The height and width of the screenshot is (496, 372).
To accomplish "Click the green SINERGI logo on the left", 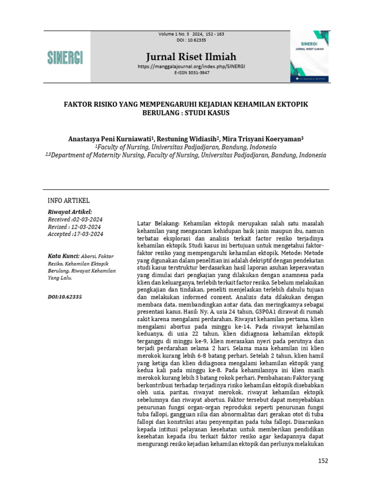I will [65, 57].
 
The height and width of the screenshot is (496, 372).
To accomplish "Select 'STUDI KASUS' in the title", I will [209, 113].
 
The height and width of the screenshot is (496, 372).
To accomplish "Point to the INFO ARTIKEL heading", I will [68, 201].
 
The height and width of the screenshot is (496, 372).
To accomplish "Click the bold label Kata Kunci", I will [62, 256].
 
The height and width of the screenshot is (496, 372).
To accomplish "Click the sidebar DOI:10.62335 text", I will [64, 296].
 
